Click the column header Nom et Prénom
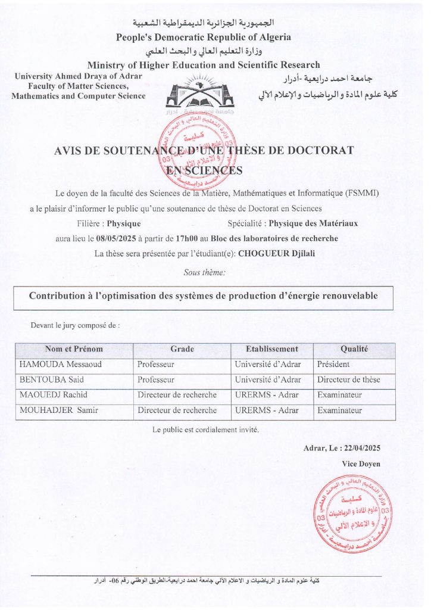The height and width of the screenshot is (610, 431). coord(74,349)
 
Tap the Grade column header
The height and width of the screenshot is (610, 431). coord(182,349)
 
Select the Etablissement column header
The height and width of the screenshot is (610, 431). coord(272,349)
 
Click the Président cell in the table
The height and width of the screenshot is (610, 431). coord(333,364)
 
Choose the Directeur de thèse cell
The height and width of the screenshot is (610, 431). coord(349,379)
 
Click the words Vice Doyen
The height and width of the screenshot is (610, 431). coord(361,463)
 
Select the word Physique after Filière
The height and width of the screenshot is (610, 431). coord(123,223)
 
